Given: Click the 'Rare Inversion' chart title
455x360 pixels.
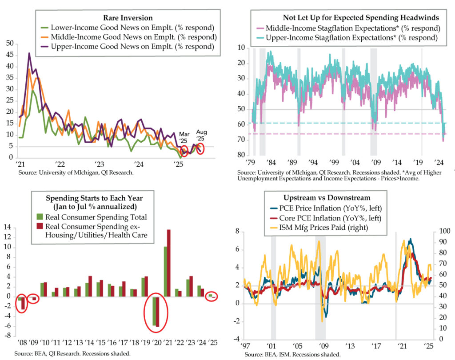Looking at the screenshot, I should point(128,18).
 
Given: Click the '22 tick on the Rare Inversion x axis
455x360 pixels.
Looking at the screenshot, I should point(60,164).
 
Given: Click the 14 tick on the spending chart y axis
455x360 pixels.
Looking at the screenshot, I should point(7,228).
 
